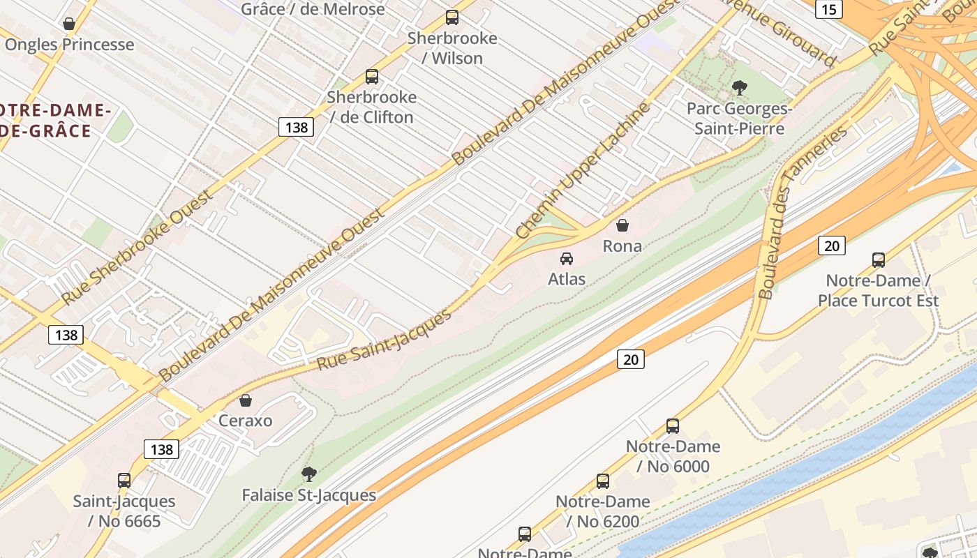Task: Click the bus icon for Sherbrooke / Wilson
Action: pos(452,17)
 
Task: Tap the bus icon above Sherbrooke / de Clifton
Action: pos(372,77)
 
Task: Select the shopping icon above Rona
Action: pos(622,225)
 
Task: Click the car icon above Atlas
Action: pos(567,259)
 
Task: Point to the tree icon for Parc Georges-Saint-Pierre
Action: pos(739,88)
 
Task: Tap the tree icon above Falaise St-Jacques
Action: pos(308,474)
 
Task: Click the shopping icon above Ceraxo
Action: pos(245,400)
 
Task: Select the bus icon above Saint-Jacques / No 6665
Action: pos(124,480)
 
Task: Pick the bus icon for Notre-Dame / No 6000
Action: pos(673,425)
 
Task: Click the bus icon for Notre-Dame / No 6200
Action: pos(603,481)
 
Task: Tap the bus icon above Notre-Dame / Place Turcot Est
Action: pos(879,260)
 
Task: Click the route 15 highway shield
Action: pos(828,9)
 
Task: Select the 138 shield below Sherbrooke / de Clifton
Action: pos(297,127)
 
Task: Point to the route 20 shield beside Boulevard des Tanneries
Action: pos(831,246)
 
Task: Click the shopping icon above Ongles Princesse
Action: pos(69,24)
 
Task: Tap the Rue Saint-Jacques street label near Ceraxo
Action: pos(385,340)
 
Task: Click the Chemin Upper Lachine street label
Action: pos(583,170)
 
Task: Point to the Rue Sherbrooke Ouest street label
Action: pos(137,248)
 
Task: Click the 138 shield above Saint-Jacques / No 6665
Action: pos(161,449)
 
